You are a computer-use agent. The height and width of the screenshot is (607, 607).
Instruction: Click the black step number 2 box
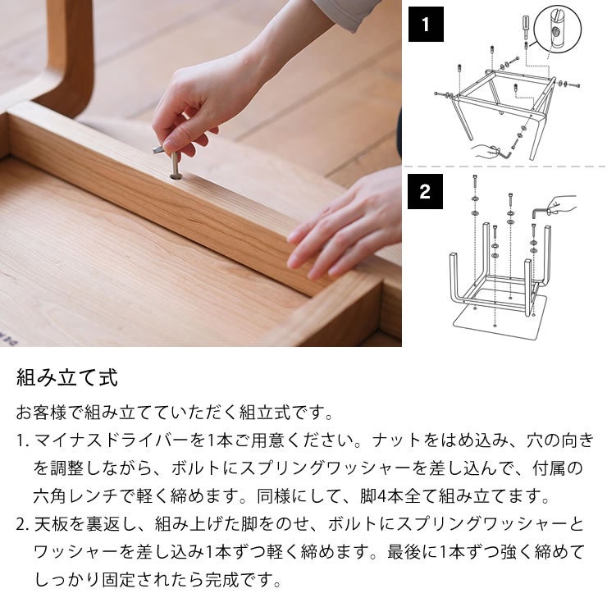[x=425, y=192]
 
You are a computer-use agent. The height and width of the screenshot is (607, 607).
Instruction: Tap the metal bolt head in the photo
[x=176, y=173]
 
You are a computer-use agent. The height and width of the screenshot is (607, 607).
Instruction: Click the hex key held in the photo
[x=160, y=149]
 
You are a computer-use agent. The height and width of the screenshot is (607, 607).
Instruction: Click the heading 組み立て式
[x=67, y=378]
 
